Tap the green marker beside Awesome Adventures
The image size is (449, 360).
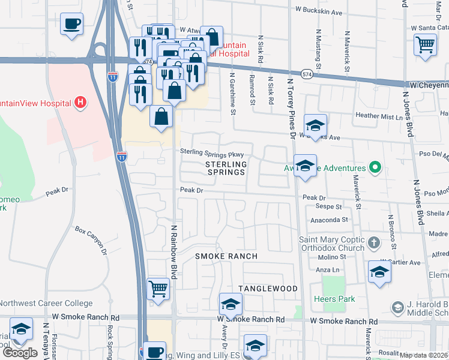click(x=376, y=167)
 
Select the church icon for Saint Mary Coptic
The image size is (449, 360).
click(x=374, y=242)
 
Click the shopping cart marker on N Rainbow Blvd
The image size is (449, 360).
click(x=158, y=289)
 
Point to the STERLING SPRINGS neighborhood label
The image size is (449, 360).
click(x=226, y=168)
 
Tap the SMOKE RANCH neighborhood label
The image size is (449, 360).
click(x=226, y=256)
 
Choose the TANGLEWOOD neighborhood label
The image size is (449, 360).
click(x=268, y=289)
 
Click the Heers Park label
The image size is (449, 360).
click(x=334, y=299)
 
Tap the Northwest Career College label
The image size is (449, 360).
click(x=46, y=304)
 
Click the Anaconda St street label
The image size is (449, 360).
click(x=330, y=220)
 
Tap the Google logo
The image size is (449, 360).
click(x=20, y=352)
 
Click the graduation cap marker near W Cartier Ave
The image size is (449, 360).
click(x=379, y=272)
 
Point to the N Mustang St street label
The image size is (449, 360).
click(x=318, y=47)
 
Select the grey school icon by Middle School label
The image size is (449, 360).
click(x=397, y=308)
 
